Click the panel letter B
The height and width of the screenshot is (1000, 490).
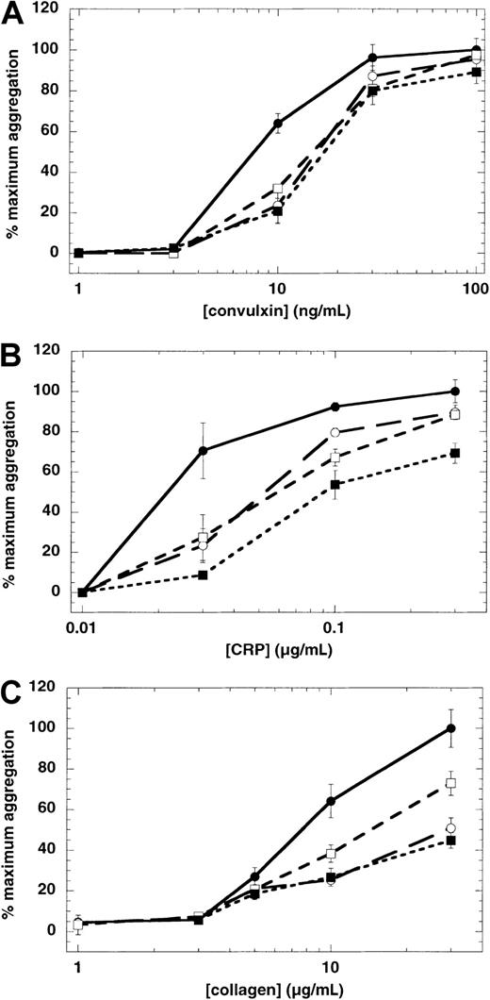(x=15, y=352)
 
